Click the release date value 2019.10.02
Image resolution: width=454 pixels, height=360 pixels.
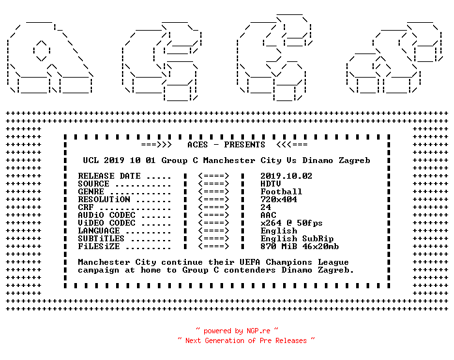(x=286, y=176)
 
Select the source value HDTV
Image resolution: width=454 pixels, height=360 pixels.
(x=271, y=184)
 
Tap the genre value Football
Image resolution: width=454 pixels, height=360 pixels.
(x=281, y=192)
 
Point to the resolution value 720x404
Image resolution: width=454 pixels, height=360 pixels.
(x=279, y=200)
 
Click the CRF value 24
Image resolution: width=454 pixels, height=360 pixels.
(x=265, y=207)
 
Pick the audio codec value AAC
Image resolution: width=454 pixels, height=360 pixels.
(x=268, y=215)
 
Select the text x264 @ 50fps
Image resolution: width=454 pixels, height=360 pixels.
(x=292, y=223)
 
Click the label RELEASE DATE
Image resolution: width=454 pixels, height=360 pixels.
(x=109, y=176)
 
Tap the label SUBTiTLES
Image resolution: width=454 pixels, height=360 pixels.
(x=101, y=239)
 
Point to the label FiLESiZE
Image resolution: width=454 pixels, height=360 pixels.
(x=98, y=247)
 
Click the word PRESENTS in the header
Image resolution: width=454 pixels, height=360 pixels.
(x=245, y=145)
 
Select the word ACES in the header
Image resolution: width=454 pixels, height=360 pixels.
(x=198, y=145)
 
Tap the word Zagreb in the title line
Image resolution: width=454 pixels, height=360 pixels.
(x=354, y=160)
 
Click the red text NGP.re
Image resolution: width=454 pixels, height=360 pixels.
(x=258, y=331)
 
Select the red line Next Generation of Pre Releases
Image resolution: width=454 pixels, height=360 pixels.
(x=246, y=340)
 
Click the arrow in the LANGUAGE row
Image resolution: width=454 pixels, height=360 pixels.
(x=214, y=231)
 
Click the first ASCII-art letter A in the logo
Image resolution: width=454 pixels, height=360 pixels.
(x=50, y=57)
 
